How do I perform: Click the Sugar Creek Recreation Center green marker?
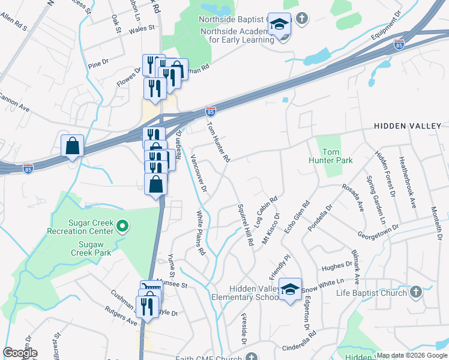coord(122,226)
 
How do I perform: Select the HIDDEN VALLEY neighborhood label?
coord(408,126)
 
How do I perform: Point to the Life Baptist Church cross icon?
coord(415,292)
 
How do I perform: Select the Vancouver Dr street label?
coord(199,173)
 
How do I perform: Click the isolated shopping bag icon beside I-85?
coord(72,145)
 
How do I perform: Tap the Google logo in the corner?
coord(20,353)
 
